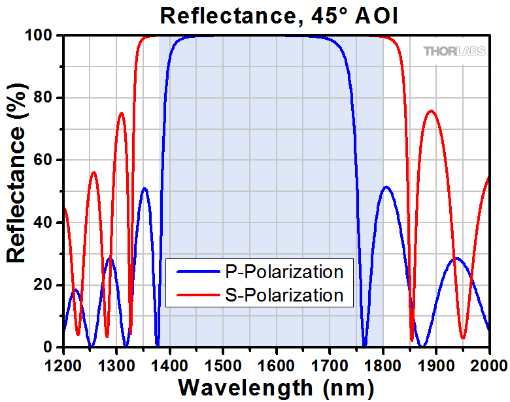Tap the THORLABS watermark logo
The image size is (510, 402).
454,51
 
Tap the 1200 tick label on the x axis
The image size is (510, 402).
63,362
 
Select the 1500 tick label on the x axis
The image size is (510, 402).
224,362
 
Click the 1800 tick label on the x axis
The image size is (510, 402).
383,362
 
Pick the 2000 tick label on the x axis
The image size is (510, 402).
489,362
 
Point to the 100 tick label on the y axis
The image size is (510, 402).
42,35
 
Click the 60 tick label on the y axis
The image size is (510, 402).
47,160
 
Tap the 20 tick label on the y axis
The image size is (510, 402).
47,285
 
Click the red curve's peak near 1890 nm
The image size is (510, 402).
431,111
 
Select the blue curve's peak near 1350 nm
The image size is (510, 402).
144,189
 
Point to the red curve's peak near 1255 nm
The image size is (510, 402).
93,172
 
